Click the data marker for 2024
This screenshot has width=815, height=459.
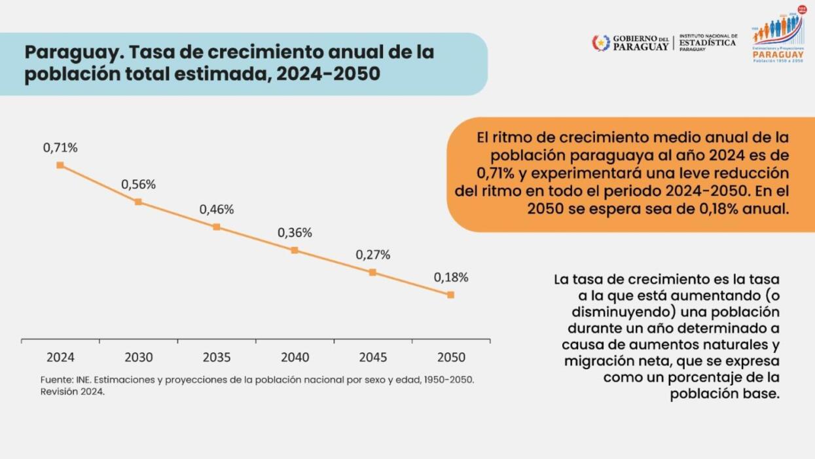tap(60, 165)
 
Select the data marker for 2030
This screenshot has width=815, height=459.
tap(138, 202)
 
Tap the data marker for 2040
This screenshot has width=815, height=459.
tap(295, 250)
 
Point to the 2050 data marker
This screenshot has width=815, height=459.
tap(450, 295)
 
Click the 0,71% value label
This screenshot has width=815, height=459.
tap(60, 148)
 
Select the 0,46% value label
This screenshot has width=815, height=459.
tap(217, 210)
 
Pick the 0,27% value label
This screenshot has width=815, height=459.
tap(372, 255)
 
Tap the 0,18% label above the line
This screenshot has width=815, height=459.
tap(451, 278)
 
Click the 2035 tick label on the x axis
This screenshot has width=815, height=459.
tap(217, 358)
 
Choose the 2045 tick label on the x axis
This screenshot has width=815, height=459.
tap(372, 358)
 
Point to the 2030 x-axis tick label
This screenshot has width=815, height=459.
tap(139, 358)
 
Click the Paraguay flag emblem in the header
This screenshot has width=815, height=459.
tap(600, 43)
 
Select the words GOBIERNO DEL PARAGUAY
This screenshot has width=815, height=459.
tap(640, 43)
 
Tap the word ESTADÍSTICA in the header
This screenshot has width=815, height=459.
tap(707, 43)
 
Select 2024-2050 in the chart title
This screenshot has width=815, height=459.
tap(327, 74)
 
